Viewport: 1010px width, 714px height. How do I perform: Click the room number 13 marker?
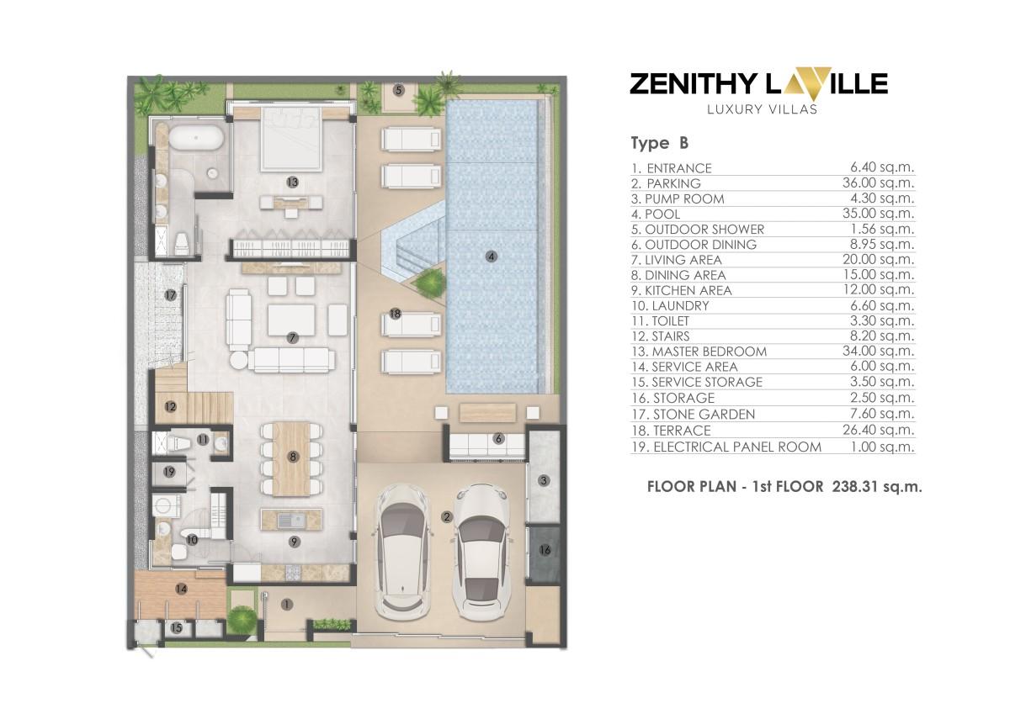tap(292, 181)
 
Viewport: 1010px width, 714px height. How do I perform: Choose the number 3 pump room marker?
tap(544, 481)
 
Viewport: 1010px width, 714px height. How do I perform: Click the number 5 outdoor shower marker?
tap(398, 89)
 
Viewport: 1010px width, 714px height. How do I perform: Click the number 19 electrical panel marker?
tap(169, 472)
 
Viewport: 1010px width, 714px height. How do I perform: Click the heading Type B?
tap(661, 143)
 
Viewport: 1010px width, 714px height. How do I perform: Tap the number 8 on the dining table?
tap(293, 457)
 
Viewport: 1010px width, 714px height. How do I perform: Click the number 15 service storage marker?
tap(177, 627)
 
